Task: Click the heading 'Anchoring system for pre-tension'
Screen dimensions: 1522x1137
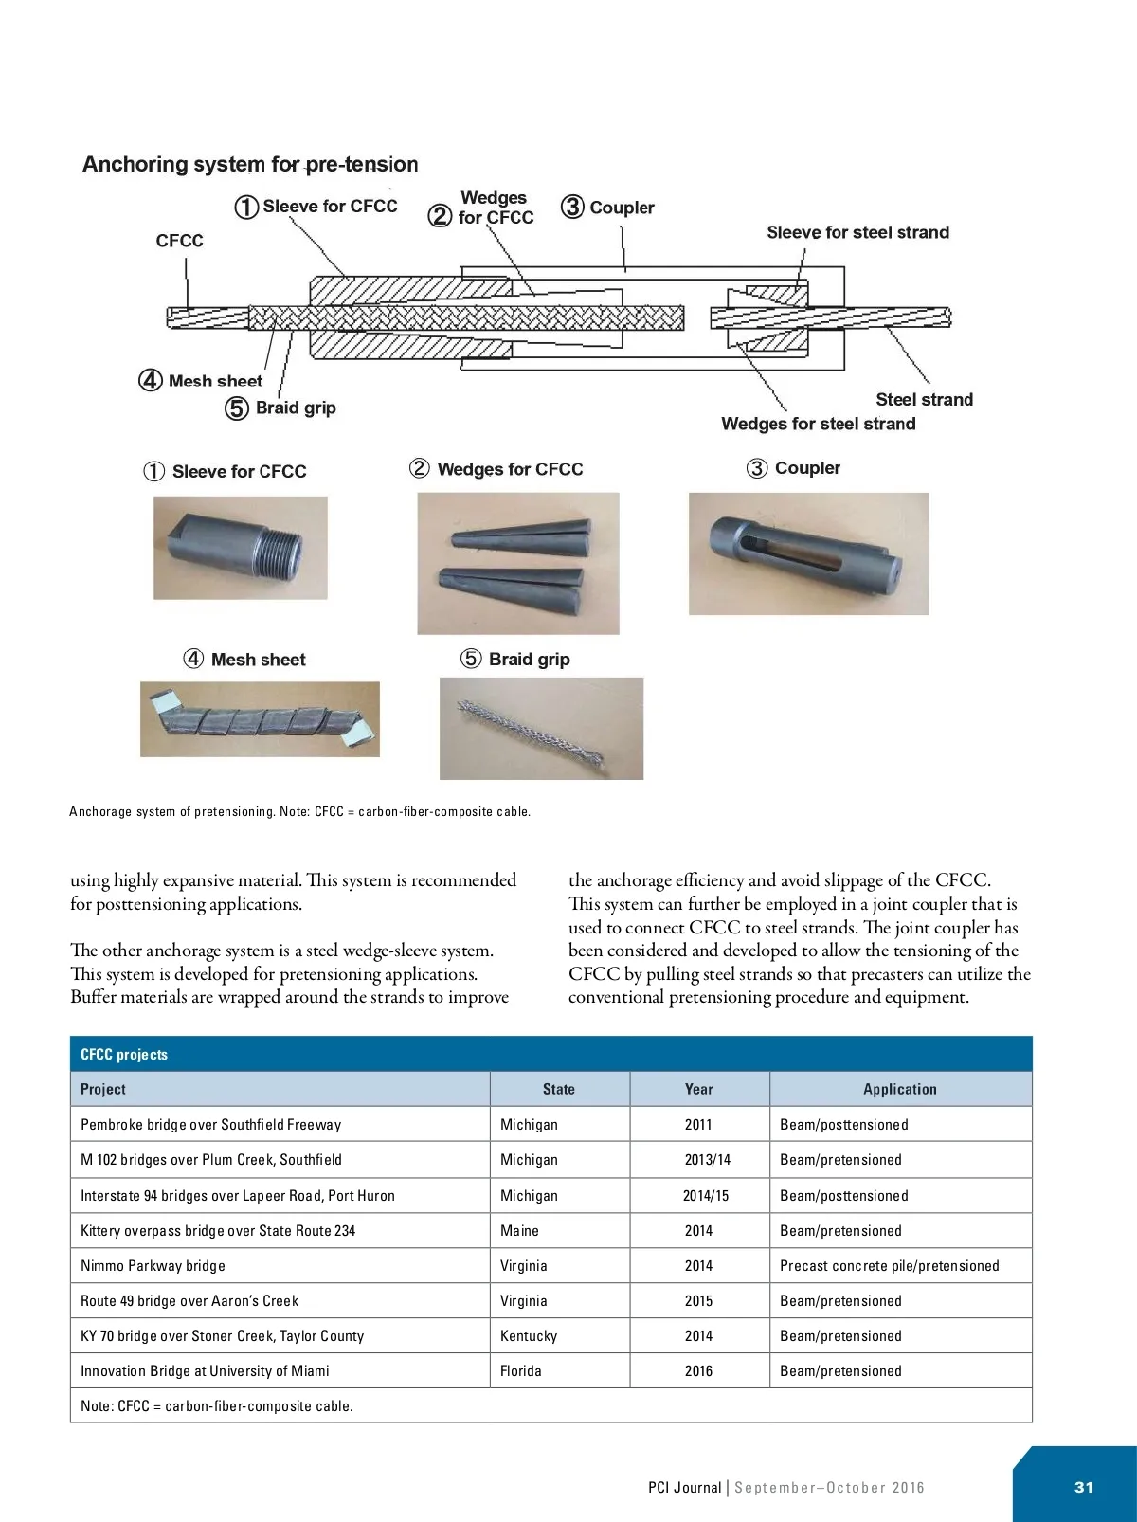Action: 250,164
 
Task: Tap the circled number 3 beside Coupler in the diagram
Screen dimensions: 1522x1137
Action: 572,207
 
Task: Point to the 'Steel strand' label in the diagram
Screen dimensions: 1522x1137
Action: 924,400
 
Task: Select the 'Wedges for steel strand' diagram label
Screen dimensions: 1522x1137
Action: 818,424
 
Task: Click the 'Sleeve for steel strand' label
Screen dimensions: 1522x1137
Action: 857,232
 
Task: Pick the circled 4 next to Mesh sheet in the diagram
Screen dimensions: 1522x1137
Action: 151,380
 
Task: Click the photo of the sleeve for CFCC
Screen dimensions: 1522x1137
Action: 241,547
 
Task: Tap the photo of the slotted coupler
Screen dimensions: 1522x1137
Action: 808,553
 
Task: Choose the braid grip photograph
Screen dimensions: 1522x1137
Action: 541,729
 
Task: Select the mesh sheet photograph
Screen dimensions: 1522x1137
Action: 260,719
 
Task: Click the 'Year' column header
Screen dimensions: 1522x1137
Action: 698,1089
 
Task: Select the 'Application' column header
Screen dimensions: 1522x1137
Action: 899,1089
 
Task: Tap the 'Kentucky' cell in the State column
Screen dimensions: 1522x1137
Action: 529,1335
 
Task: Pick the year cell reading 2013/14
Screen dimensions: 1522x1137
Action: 707,1159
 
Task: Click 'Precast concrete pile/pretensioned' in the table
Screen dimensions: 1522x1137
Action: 889,1265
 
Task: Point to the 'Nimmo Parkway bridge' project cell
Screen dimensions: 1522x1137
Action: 153,1265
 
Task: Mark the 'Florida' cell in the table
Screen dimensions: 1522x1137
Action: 521,1370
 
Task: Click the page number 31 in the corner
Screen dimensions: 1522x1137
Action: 1084,1487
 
